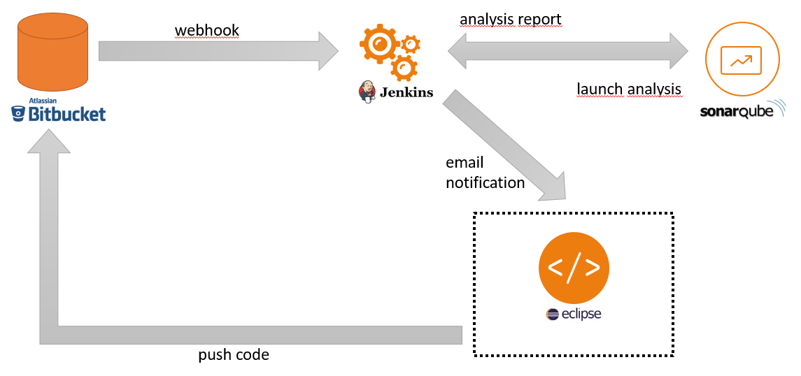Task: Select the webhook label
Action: [207, 31]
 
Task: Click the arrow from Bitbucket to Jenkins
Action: [217, 50]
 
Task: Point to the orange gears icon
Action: [390, 52]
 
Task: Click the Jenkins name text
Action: [406, 92]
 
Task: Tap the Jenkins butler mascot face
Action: [367, 90]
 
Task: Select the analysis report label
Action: [511, 20]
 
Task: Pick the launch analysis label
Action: [629, 89]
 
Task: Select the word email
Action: [465, 163]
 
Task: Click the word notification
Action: [485, 182]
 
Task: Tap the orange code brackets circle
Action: [574, 269]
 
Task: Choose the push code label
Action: [234, 354]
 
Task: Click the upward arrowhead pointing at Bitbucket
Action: [48, 143]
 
